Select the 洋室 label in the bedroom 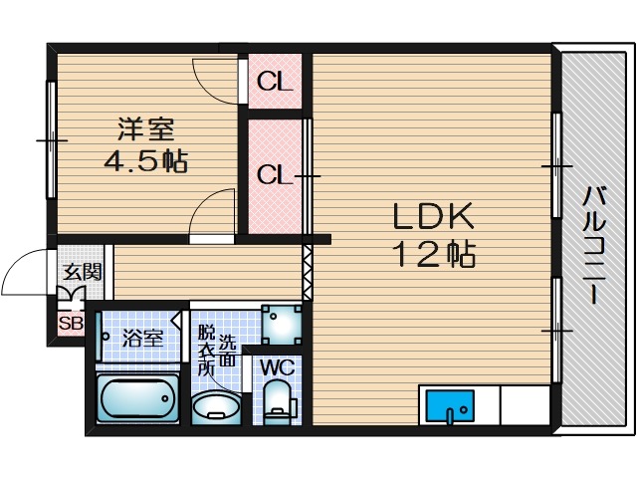147,129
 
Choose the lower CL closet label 276,175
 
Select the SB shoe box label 71,323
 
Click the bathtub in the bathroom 137,401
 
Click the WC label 277,367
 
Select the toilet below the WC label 278,402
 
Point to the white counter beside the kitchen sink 524,405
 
